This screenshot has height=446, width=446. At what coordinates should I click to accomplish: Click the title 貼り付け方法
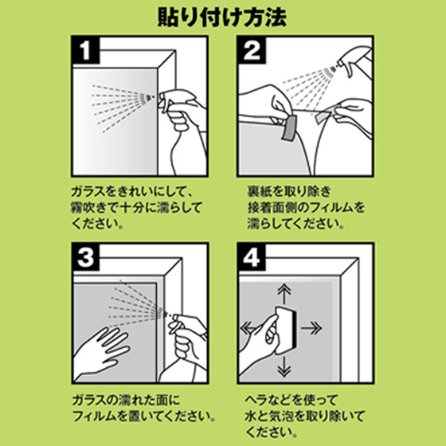[222, 18]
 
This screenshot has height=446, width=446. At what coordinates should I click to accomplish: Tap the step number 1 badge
[85, 50]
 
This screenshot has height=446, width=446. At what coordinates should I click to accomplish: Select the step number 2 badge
[252, 50]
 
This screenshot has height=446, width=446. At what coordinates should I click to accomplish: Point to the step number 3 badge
[85, 257]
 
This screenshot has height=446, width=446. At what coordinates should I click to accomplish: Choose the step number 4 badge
[252, 257]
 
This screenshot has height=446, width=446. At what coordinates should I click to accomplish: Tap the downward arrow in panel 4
[284, 366]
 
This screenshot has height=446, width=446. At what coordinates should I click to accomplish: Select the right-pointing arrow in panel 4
[311, 328]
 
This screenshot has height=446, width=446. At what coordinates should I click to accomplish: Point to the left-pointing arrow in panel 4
[248, 327]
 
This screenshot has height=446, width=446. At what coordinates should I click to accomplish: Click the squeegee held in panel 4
[287, 330]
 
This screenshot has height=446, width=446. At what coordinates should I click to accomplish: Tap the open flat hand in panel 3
[101, 354]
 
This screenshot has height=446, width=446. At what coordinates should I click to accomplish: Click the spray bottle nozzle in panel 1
[162, 96]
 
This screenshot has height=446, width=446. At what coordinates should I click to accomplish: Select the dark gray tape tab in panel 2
[289, 127]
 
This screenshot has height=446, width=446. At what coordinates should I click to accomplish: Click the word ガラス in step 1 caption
[88, 191]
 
